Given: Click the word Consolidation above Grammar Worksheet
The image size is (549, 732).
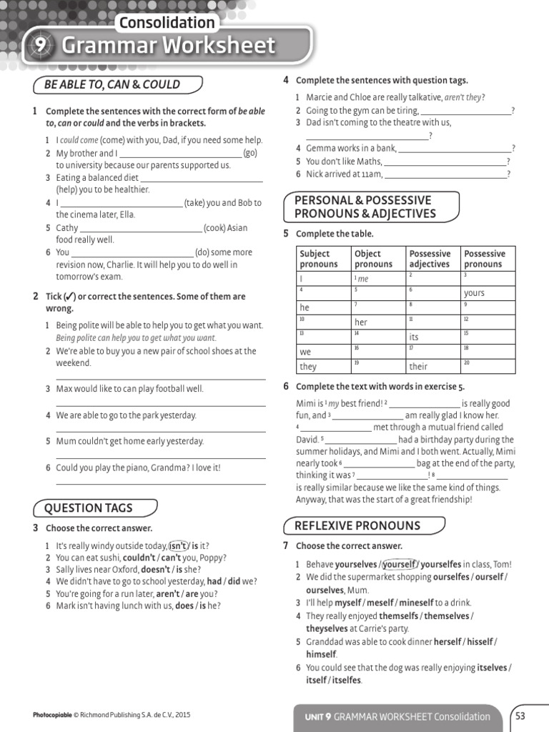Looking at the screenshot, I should (x=167, y=23).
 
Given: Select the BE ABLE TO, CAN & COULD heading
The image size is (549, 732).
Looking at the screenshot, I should (x=112, y=84).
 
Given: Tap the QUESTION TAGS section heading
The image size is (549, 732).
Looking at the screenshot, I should (x=89, y=508).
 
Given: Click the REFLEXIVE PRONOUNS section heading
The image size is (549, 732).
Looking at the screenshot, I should (x=357, y=525).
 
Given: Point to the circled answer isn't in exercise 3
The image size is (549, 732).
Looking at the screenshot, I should (x=178, y=545).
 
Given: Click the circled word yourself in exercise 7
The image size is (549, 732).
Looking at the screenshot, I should (x=399, y=564).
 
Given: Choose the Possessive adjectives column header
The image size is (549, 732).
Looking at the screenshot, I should (x=430, y=259).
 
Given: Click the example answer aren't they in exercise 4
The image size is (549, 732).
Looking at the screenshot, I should (x=464, y=97).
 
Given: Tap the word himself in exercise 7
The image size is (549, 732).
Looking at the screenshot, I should (x=321, y=654).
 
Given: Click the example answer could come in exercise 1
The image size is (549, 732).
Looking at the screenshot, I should (x=79, y=140).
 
